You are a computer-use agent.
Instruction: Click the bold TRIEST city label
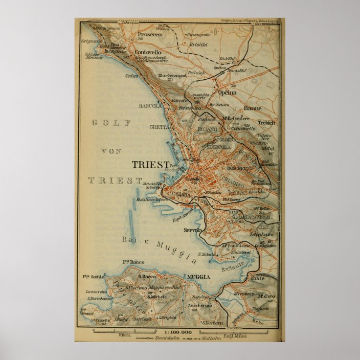point(150,164)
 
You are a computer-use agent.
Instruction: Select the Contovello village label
point(148,52)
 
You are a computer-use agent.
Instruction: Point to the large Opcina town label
point(228,93)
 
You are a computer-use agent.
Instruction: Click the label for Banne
point(252,108)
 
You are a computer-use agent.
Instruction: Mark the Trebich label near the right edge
point(266,123)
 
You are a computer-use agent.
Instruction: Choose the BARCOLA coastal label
point(149,106)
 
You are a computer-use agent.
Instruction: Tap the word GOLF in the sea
point(104,122)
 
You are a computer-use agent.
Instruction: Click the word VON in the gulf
point(110,151)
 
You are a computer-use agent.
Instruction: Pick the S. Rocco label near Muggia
point(147,277)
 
